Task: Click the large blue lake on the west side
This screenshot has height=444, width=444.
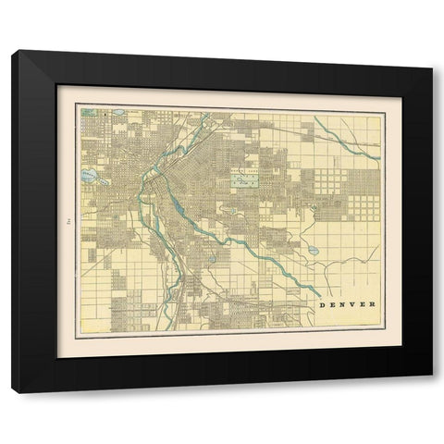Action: (89, 174)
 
